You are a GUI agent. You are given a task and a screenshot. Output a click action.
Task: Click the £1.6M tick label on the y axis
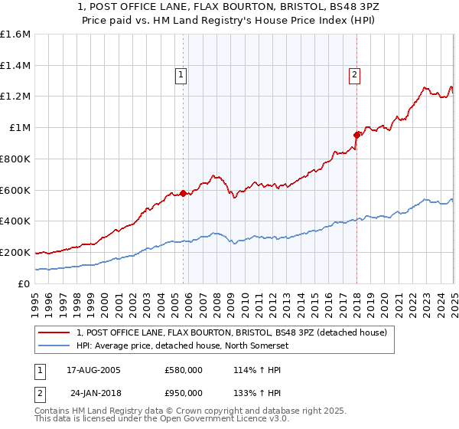pyautogui.click(x=15, y=34)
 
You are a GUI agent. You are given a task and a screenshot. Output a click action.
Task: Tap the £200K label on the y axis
pyautogui.click(x=15, y=252)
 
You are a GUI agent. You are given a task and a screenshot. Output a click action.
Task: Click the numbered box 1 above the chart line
pyautogui.click(x=181, y=75)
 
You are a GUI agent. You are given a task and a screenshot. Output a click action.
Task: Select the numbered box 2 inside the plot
pyautogui.click(x=355, y=75)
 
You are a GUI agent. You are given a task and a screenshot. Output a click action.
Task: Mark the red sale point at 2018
pyautogui.click(x=356, y=135)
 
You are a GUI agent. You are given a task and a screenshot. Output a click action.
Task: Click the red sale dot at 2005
pyautogui.click(x=184, y=193)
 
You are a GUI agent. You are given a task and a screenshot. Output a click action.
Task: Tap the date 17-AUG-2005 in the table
pyautogui.click(x=99, y=370)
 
